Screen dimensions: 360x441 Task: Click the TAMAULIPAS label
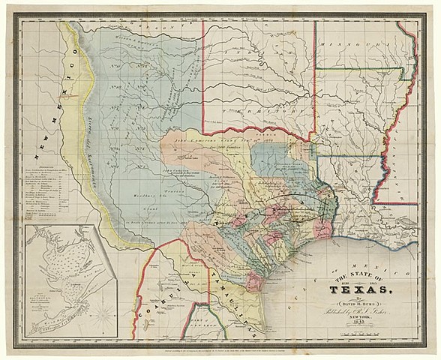point(224,286)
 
